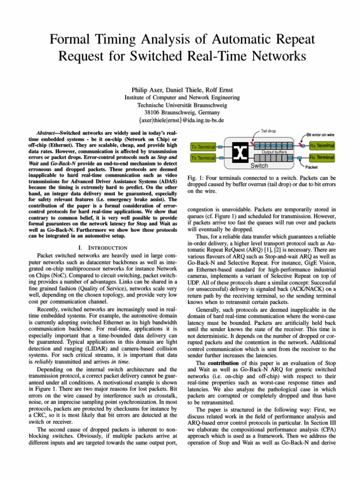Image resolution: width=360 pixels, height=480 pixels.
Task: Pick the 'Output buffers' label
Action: click(x=274, y=152)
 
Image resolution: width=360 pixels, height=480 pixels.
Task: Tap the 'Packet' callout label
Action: click(x=312, y=167)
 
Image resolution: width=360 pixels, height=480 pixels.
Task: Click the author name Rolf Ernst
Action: click(x=212, y=90)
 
